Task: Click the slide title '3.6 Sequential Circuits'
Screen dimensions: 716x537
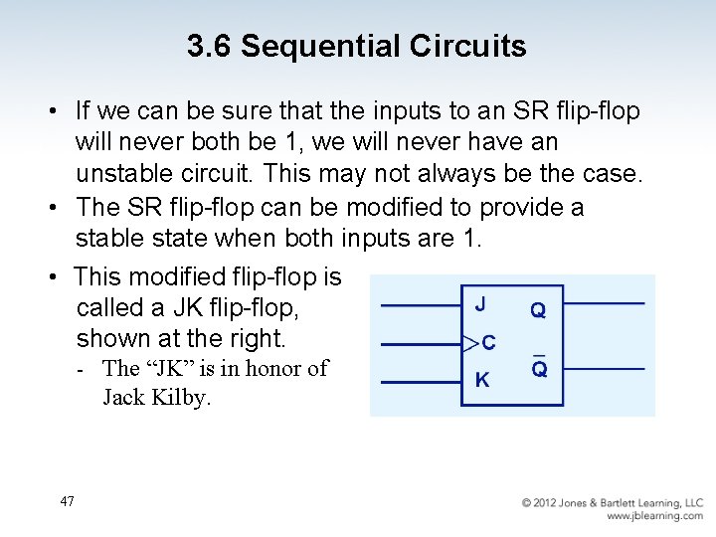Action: coord(357,46)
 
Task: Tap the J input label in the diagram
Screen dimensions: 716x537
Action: coord(480,304)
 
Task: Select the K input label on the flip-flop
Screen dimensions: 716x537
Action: coord(481,379)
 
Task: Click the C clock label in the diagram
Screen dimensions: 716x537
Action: coord(488,344)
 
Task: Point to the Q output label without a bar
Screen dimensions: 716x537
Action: coord(538,310)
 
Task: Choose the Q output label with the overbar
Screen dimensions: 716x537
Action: coord(539,369)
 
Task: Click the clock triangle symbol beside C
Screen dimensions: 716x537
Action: coord(470,344)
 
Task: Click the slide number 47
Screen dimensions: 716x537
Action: coord(67,501)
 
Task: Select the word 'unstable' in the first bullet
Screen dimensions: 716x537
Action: coord(126,173)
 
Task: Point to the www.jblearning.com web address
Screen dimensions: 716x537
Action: coord(654,516)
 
